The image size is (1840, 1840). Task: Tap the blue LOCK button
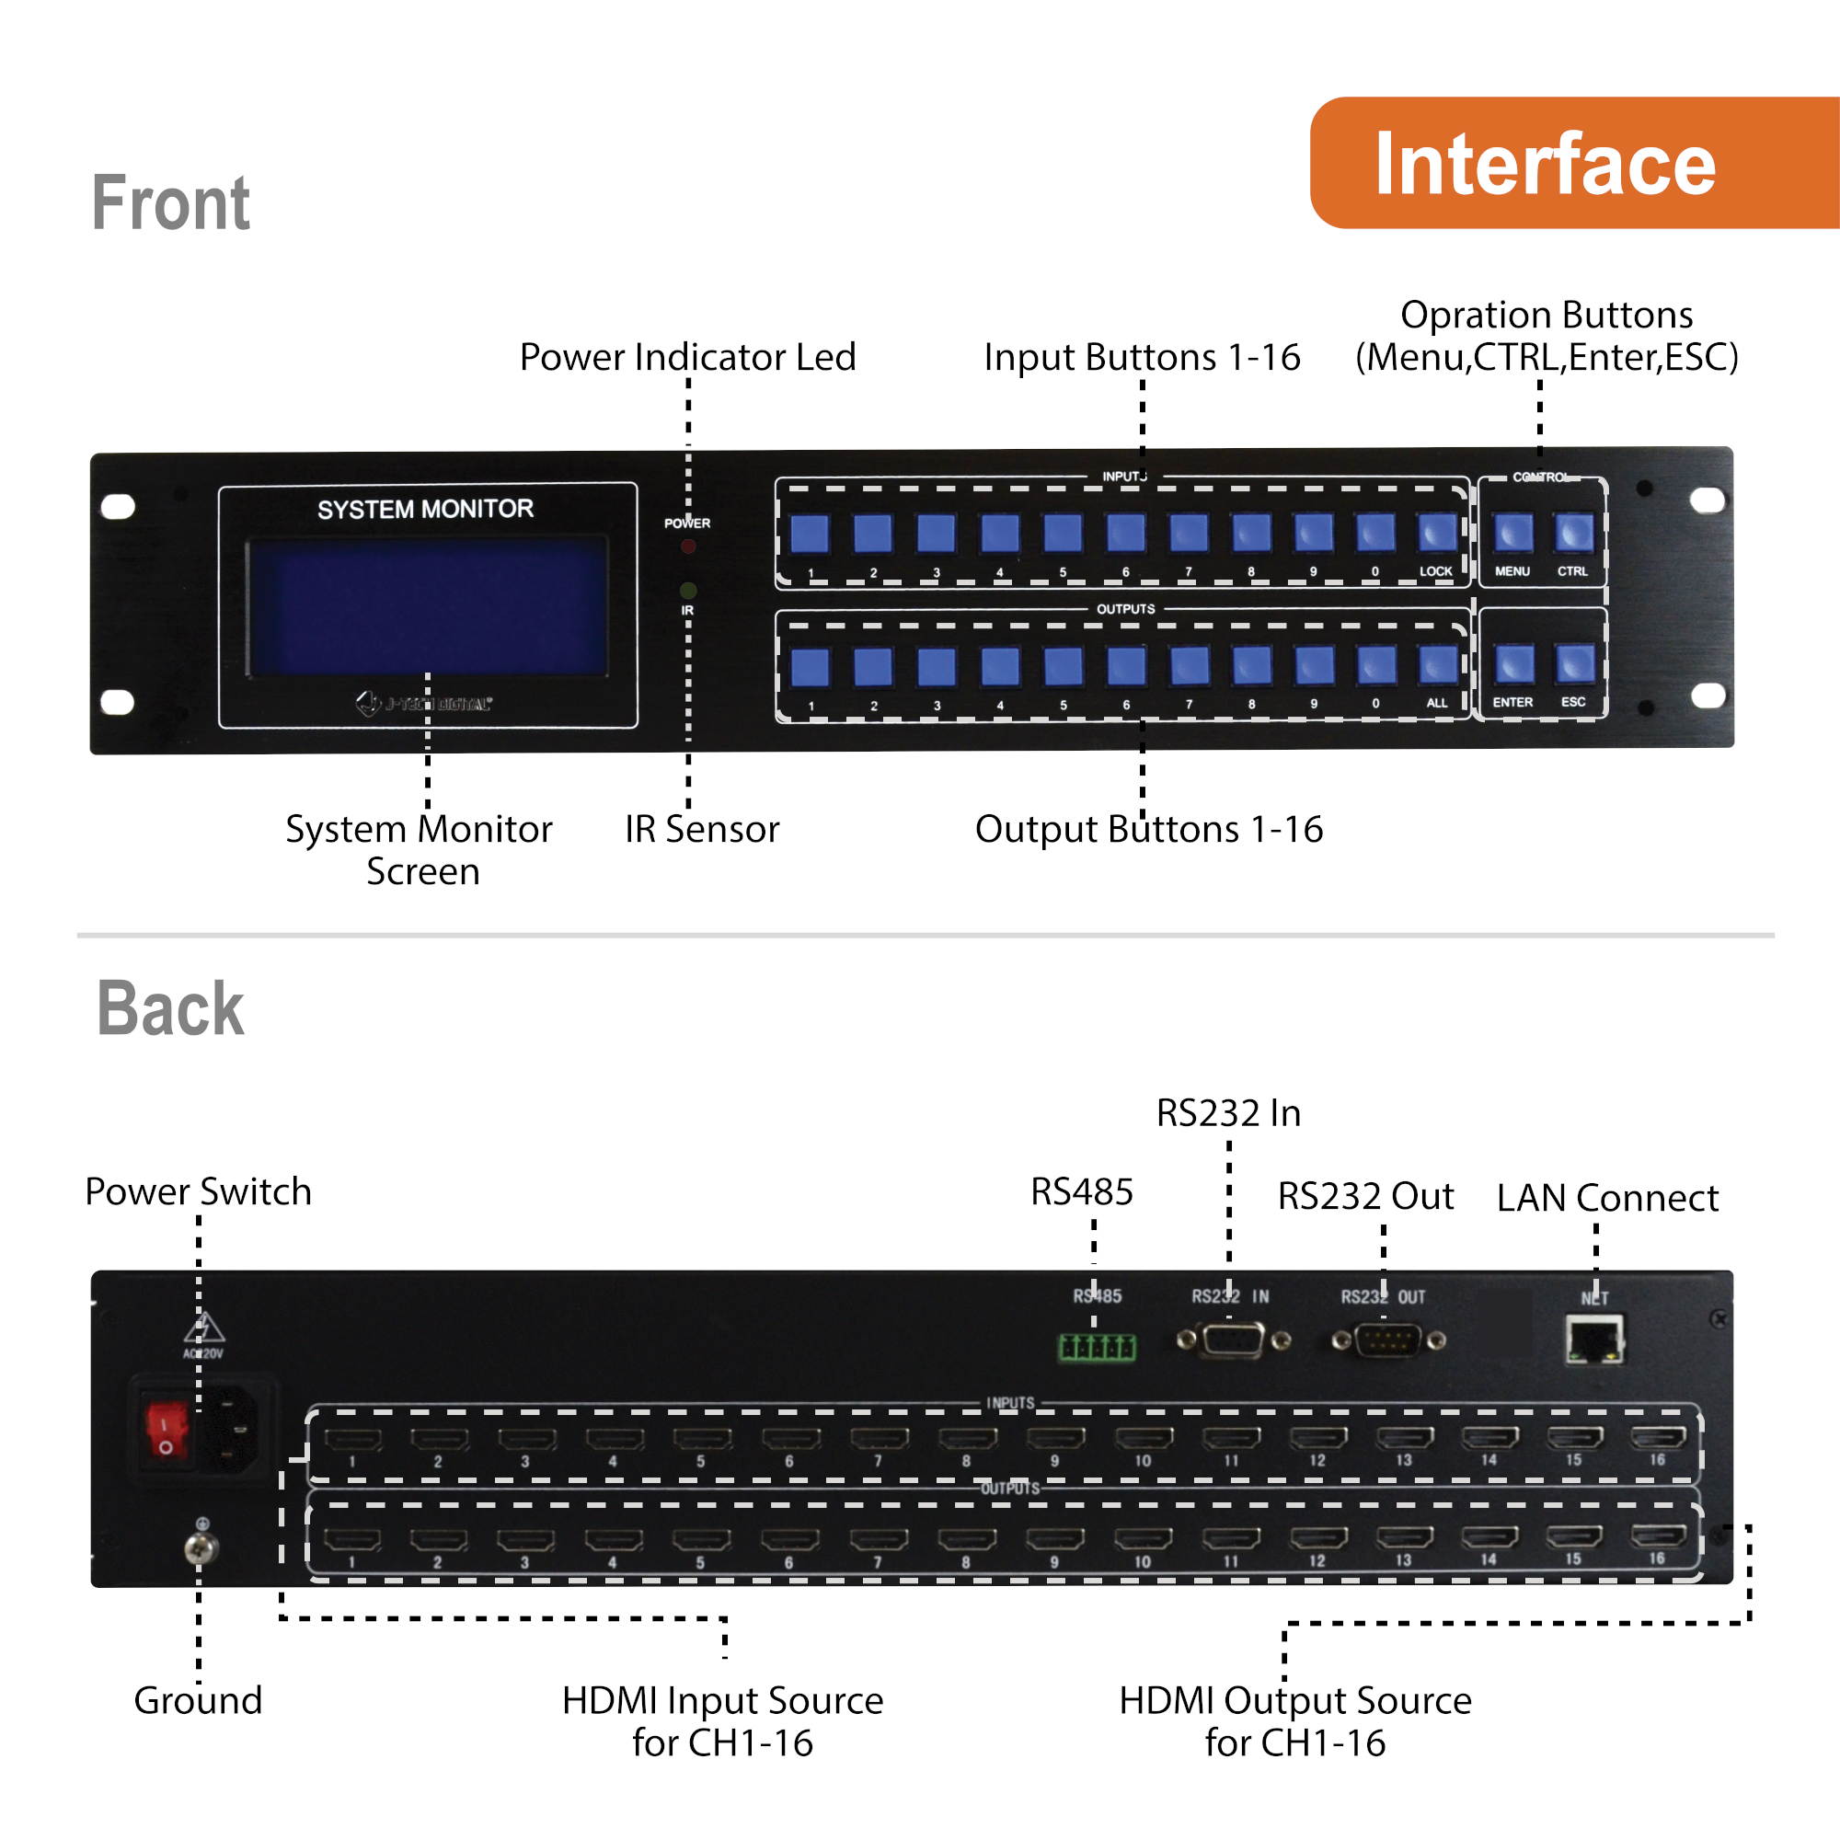click(1437, 534)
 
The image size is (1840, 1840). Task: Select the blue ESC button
click(1573, 664)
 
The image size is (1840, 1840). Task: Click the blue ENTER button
click(1513, 664)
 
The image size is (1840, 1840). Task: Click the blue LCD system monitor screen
click(427, 606)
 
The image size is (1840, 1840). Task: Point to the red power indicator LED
click(687, 546)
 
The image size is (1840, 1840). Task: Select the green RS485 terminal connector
click(1097, 1347)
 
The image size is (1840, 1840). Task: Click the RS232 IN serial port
click(1233, 1341)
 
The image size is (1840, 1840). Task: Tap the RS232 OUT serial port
click(1387, 1341)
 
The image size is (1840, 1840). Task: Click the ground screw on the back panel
click(201, 1547)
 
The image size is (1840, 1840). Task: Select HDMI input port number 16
click(1658, 1437)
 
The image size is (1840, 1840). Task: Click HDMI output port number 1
click(352, 1539)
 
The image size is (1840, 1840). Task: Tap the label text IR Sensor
click(702, 830)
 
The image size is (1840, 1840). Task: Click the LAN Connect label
click(1606, 1198)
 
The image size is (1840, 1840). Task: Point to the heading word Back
click(170, 1008)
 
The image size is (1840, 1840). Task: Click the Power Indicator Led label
click(686, 357)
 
